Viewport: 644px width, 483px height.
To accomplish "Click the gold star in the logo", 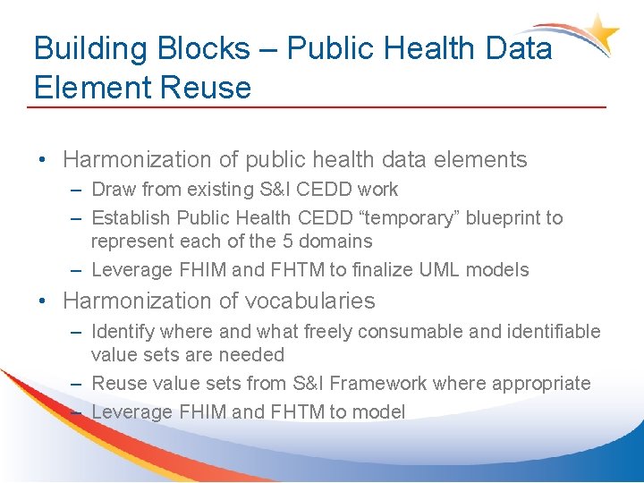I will pyautogui.click(x=606, y=33).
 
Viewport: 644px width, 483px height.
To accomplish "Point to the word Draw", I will pyautogui.click(x=113, y=190).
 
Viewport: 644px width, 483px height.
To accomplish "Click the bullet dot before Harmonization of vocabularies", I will pyautogui.click(x=44, y=301).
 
